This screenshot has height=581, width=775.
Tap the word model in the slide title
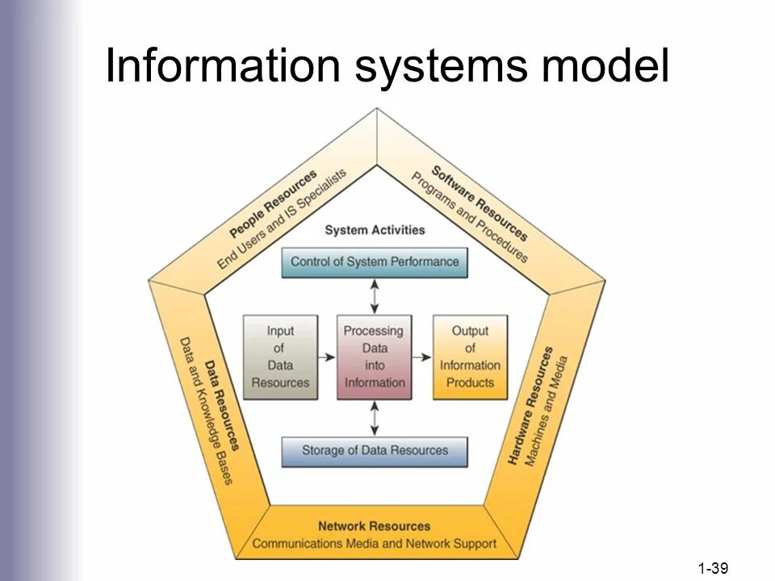605,66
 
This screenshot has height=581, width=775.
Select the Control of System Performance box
375,262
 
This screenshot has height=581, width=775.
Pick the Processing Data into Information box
374,357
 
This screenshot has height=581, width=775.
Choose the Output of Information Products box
471,357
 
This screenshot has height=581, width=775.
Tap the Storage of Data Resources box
375,450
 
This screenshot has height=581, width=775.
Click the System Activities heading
375,230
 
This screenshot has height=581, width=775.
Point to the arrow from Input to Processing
325,357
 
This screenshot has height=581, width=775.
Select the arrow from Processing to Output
422,357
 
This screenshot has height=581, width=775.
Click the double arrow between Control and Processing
375,296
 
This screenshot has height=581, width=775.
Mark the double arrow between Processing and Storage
375,417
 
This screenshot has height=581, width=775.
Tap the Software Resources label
480,203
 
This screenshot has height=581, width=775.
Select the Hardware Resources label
530,406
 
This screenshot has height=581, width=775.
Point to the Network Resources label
374,526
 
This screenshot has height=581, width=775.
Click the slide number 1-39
714,569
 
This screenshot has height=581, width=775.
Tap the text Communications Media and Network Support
374,543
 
